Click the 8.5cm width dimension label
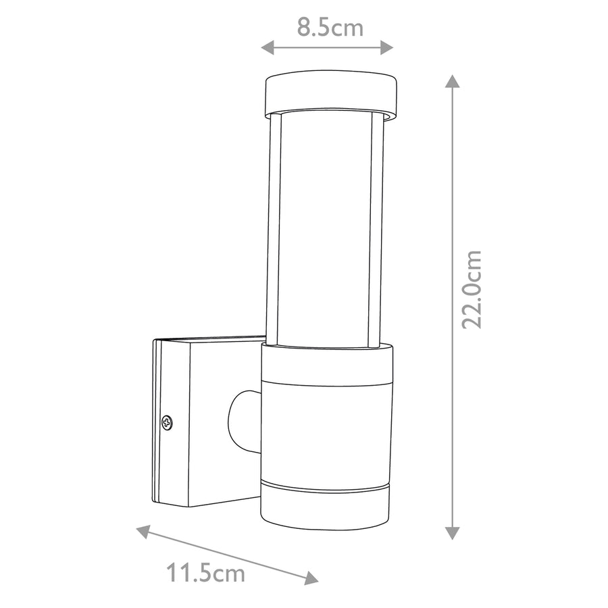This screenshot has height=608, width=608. (330, 28)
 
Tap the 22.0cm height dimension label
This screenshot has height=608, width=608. (472, 290)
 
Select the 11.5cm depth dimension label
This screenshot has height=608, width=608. (206, 573)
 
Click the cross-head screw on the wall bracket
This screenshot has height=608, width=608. (167, 422)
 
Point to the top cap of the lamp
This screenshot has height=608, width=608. (331, 94)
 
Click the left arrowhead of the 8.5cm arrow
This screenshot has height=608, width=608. (267, 48)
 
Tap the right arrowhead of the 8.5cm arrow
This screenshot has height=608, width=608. (387, 48)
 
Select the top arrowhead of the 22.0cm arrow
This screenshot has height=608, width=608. (452, 81)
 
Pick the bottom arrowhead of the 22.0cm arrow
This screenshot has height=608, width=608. (452, 533)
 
